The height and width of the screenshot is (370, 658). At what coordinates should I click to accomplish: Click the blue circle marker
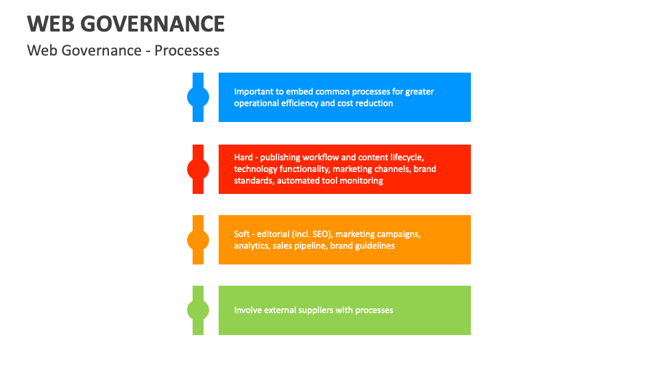pos(198,97)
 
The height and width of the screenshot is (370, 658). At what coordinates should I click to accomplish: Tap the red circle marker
pos(198,169)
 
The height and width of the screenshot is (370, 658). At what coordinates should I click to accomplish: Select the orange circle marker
pos(198,240)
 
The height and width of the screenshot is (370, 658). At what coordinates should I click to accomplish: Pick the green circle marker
pos(198,310)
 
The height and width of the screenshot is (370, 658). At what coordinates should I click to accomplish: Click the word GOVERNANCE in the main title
pos(152,25)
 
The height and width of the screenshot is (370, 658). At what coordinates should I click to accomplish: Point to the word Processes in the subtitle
pos(187,51)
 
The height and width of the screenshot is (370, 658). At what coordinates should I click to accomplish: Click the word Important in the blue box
pos(254,92)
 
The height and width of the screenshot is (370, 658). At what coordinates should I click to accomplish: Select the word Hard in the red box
pos(243,158)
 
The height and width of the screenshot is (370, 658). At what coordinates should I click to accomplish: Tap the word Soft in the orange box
pos(243,234)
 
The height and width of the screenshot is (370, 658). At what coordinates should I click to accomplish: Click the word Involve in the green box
pos(248,310)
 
